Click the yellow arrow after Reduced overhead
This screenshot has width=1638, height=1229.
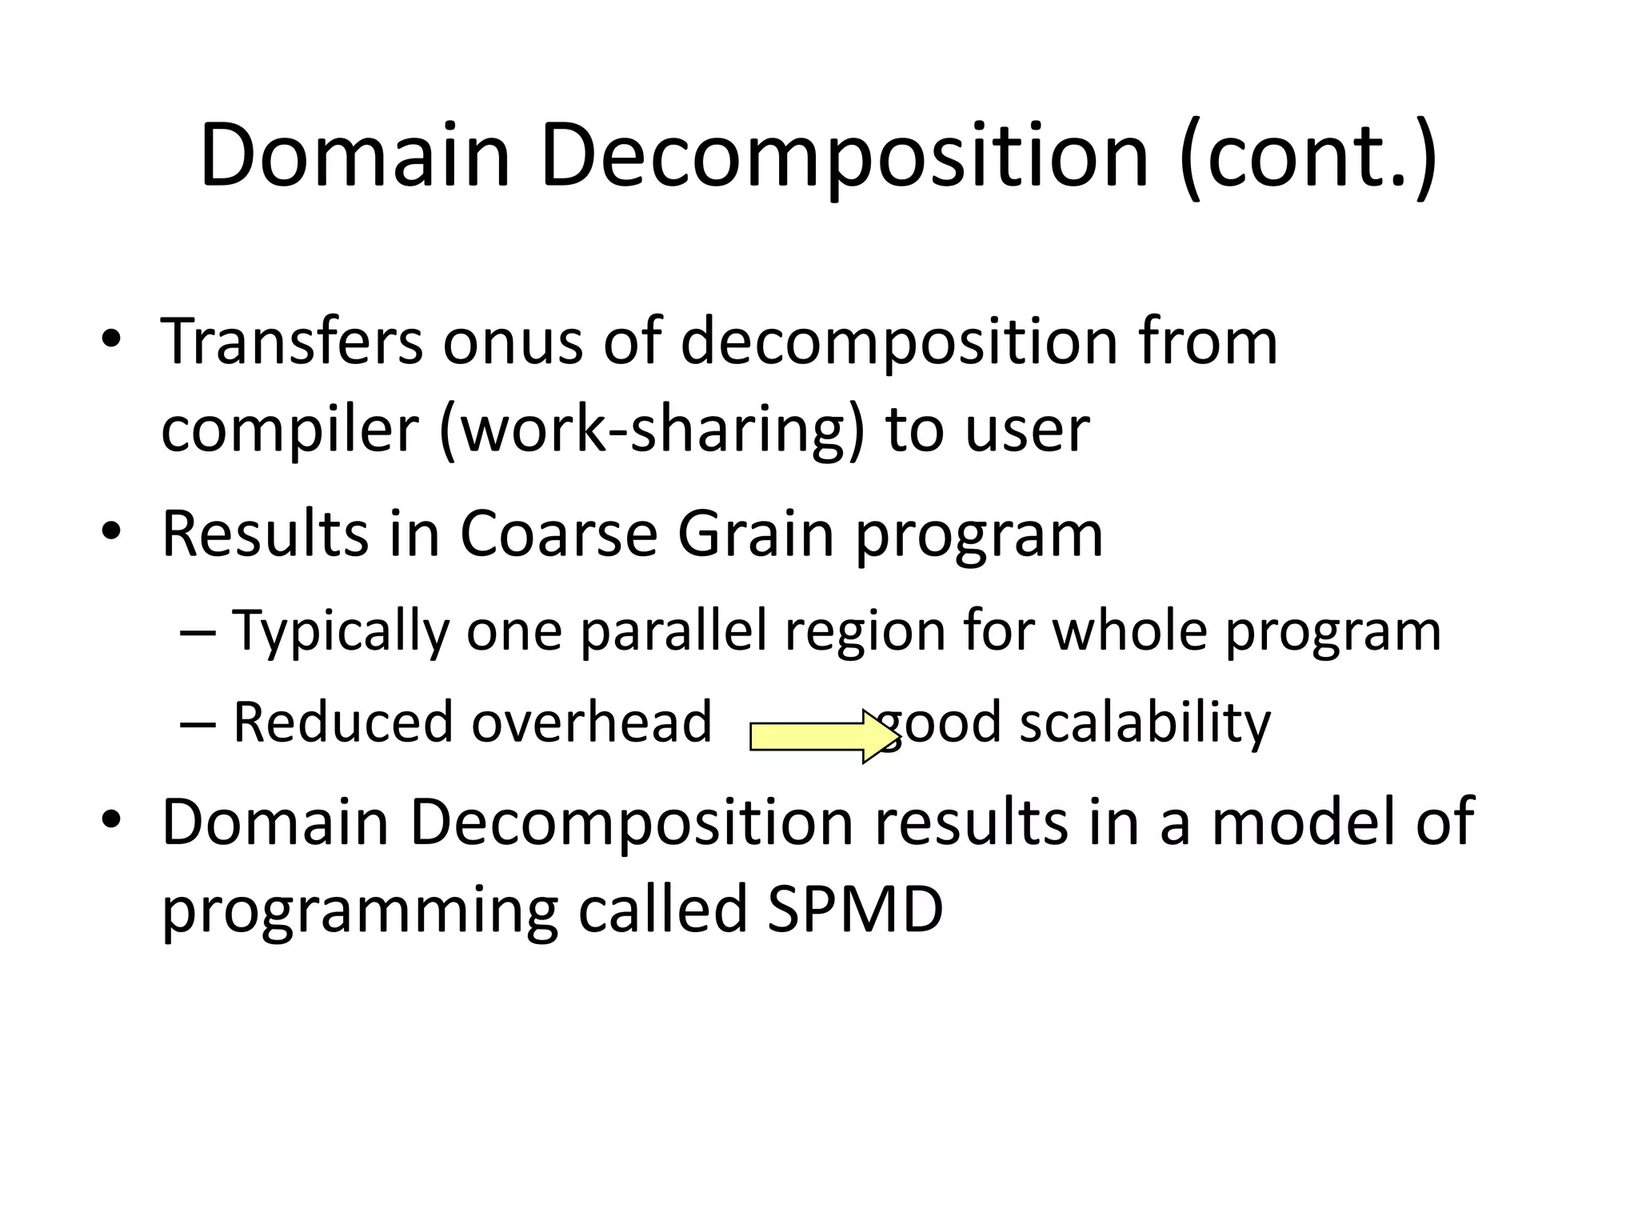(x=822, y=736)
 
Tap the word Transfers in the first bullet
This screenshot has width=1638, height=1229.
(x=292, y=342)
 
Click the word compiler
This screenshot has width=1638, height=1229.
(x=290, y=430)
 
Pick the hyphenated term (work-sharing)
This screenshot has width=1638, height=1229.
(x=652, y=430)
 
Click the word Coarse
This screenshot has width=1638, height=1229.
(x=558, y=534)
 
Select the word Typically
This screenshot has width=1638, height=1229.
(x=341, y=632)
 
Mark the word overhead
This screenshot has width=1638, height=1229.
(x=591, y=722)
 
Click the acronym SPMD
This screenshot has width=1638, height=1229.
(x=855, y=910)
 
